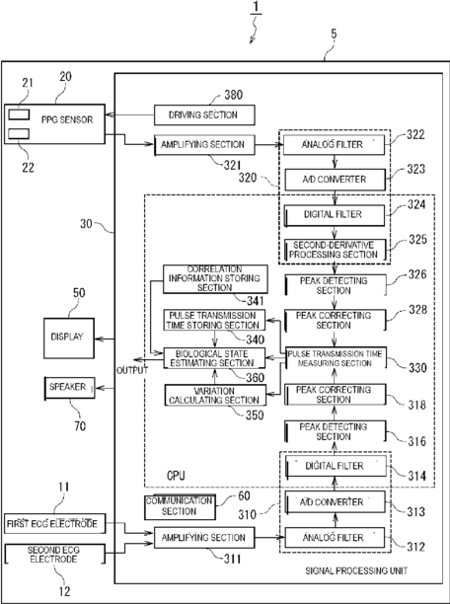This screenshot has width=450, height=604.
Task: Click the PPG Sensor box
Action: coord(54,123)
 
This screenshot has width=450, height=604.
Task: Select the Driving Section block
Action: coord(204,114)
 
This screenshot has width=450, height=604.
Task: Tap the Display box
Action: coord(69,339)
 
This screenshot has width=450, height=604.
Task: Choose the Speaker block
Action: coord(69,388)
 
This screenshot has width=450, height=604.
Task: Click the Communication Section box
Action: coord(180,506)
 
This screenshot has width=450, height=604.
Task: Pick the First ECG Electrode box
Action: coord(54,523)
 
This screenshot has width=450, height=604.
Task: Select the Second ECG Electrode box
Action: coord(54,554)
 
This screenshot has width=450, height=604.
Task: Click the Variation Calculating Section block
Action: coord(215,395)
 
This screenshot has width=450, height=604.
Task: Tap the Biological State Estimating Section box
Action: coord(214,358)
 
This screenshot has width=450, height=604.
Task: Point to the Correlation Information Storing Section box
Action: coord(215,279)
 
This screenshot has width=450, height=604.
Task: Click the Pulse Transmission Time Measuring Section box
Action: coord(336,358)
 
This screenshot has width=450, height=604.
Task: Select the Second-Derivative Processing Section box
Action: coord(335,250)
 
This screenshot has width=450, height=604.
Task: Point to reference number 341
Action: coord(252,300)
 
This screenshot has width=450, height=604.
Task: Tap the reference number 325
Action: coord(416,239)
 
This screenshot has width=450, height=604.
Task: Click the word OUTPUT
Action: coord(132,370)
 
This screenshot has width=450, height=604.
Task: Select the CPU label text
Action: coord(176,476)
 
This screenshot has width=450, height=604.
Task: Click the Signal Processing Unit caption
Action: coord(356,570)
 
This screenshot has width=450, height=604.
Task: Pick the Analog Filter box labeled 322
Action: coord(334,144)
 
